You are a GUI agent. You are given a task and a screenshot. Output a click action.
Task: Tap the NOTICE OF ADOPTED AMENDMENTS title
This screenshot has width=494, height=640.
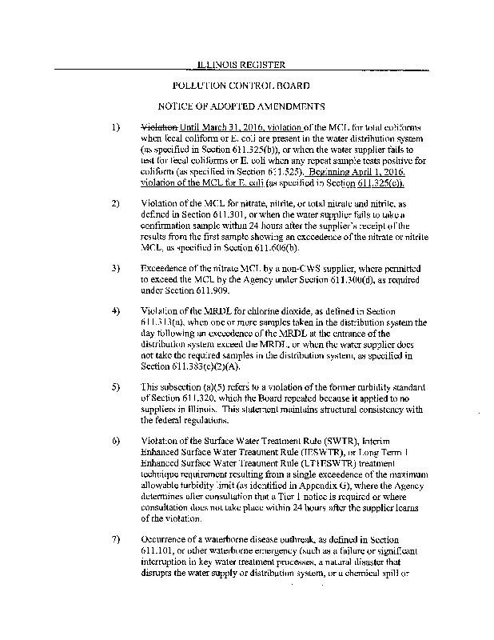pyautogui.click(x=241, y=106)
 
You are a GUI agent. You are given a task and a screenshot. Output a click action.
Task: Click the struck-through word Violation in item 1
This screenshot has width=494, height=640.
pyautogui.click(x=159, y=128)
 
